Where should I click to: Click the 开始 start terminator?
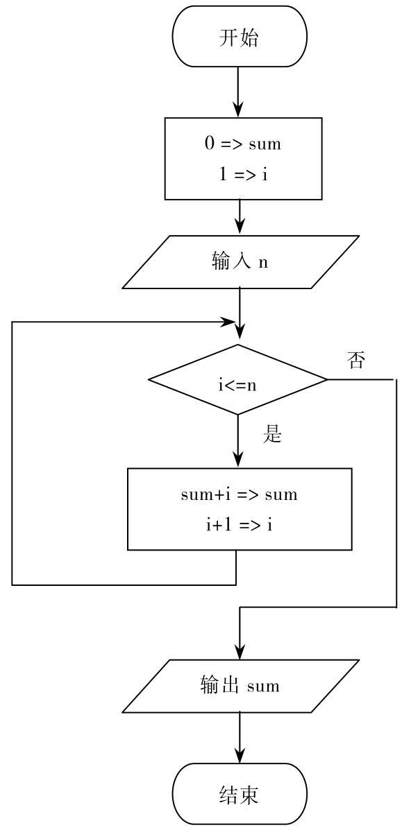tap(240, 37)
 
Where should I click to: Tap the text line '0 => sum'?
tap(243, 144)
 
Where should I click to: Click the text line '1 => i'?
tap(244, 174)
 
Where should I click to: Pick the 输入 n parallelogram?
tap(240, 262)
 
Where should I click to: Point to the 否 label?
tap(356, 361)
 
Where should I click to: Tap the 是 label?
tap(272, 435)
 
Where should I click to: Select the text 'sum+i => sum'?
tap(240, 494)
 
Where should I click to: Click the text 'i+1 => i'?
tap(240, 525)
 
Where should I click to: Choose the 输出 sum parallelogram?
tap(240, 686)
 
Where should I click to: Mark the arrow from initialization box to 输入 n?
tap(240, 218)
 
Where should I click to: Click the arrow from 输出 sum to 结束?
tap(240, 738)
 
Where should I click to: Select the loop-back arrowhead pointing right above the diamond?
tap(228, 321)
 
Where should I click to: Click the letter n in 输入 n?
tap(263, 263)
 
